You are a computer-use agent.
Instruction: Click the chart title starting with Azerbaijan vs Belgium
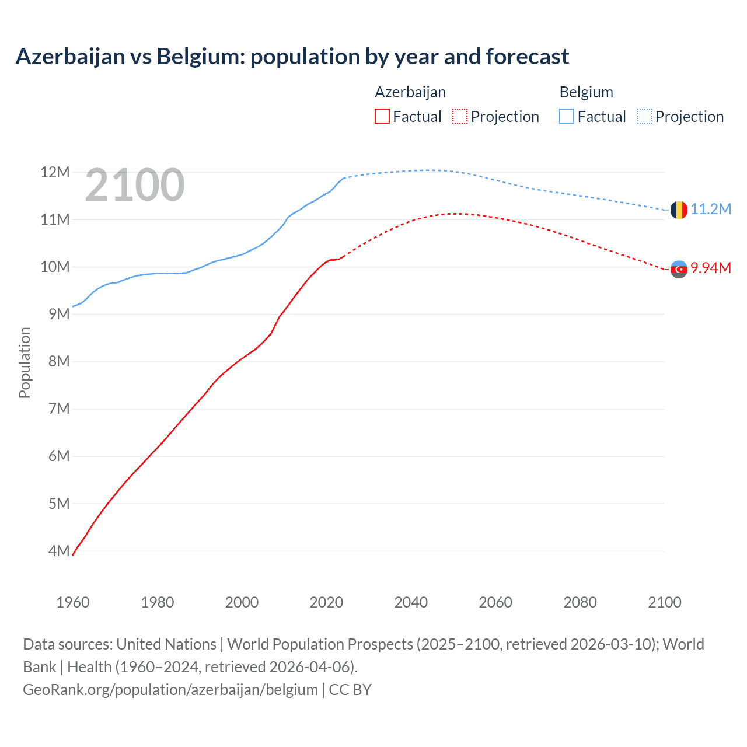pyautogui.click(x=292, y=57)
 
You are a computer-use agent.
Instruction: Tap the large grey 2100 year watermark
pyautogui.click(x=135, y=186)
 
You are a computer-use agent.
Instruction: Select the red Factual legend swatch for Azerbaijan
pyautogui.click(x=382, y=116)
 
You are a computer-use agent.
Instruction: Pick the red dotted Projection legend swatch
pyautogui.click(x=460, y=116)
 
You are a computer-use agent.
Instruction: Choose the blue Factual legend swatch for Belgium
pyautogui.click(x=567, y=116)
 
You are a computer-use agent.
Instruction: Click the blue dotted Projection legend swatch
pyautogui.click(x=645, y=116)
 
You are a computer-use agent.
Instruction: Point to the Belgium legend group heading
pyautogui.click(x=586, y=92)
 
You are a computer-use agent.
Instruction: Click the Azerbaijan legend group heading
pyautogui.click(x=410, y=92)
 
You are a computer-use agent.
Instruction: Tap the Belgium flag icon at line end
pyautogui.click(x=679, y=210)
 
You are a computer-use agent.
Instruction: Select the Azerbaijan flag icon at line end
pyautogui.click(x=679, y=269)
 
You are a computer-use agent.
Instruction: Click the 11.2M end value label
pyautogui.click(x=711, y=209)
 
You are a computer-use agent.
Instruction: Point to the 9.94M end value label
pyautogui.click(x=711, y=268)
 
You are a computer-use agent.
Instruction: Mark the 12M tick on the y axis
pyautogui.click(x=55, y=172)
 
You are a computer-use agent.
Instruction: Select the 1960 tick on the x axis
pyautogui.click(x=73, y=602)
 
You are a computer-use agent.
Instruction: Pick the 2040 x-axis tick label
pyautogui.click(x=411, y=602)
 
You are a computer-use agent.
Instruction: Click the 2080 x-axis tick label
pyautogui.click(x=580, y=602)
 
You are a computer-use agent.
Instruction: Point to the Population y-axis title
pyautogui.click(x=25, y=362)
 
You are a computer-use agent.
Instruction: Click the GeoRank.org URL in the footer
pyautogui.click(x=170, y=690)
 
